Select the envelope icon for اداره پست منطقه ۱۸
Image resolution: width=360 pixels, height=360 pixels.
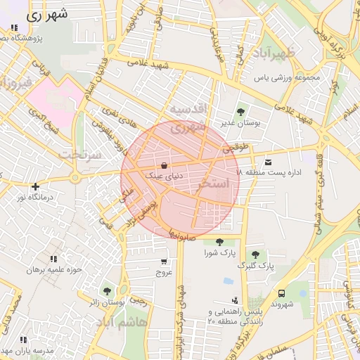pyautogui.click(x=268, y=162)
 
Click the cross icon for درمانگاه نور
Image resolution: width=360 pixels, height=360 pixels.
pyautogui.click(x=35, y=186)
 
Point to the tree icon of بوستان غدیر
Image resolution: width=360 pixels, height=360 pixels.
pyautogui.click(x=241, y=111)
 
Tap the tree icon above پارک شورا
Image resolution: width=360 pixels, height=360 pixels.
pyautogui.click(x=220, y=242)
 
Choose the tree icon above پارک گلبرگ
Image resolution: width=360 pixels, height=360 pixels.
pyautogui.click(x=255, y=255)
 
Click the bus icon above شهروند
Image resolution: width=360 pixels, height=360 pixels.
pyautogui.click(x=281, y=293)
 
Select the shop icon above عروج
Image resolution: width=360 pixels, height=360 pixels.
pyautogui.click(x=163, y=262)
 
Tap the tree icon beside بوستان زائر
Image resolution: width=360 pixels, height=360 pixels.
pyautogui.click(x=107, y=290)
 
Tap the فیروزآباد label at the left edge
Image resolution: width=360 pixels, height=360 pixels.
pyautogui.click(x=13, y=84)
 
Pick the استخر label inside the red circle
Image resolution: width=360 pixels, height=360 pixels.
pyautogui.click(x=214, y=184)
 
